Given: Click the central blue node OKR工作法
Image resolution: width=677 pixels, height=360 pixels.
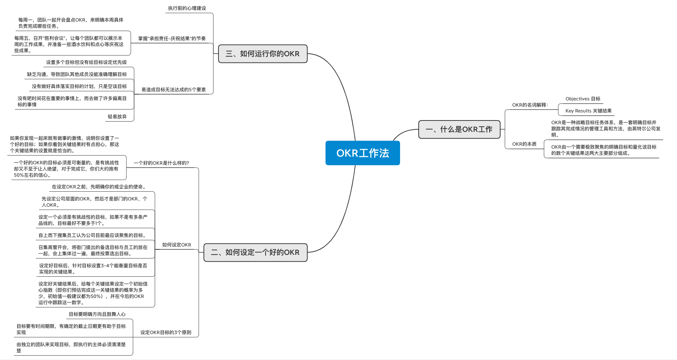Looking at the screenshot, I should [x=362, y=153].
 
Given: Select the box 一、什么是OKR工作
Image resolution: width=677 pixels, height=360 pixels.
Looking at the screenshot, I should [x=459, y=129].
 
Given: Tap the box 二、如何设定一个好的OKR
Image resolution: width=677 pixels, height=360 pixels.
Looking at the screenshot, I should [x=255, y=252].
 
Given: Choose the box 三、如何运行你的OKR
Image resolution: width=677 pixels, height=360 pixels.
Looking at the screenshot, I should [x=262, y=54].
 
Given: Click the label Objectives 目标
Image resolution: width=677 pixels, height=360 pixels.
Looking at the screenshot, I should [x=583, y=99].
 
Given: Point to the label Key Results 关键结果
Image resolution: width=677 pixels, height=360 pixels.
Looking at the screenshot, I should [x=588, y=111].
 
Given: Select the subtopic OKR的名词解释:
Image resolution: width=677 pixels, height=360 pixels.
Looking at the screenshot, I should [x=530, y=105].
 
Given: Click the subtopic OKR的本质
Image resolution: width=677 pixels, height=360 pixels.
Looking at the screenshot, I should [x=524, y=144].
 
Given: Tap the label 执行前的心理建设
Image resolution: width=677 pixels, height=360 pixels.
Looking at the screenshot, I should [x=187, y=8].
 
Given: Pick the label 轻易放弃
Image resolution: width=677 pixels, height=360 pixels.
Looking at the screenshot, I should [x=117, y=117].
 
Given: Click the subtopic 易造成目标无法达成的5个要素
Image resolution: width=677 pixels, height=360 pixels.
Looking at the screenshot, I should [x=174, y=90].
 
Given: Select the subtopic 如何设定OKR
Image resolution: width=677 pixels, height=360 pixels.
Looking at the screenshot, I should [x=176, y=245].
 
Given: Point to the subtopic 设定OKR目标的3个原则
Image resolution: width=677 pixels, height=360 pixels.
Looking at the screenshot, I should [x=166, y=333].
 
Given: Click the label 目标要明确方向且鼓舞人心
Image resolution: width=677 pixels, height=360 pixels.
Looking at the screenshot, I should [x=97, y=314].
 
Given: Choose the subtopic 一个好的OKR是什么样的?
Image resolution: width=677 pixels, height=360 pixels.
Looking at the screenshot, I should [x=161, y=163].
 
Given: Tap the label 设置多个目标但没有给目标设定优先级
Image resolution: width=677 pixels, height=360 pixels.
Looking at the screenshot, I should [x=86, y=62].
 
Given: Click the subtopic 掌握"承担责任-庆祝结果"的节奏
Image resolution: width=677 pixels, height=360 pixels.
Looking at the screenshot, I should [x=172, y=39].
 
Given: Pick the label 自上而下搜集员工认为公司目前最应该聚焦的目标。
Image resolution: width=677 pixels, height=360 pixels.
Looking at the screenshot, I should [x=93, y=235].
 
